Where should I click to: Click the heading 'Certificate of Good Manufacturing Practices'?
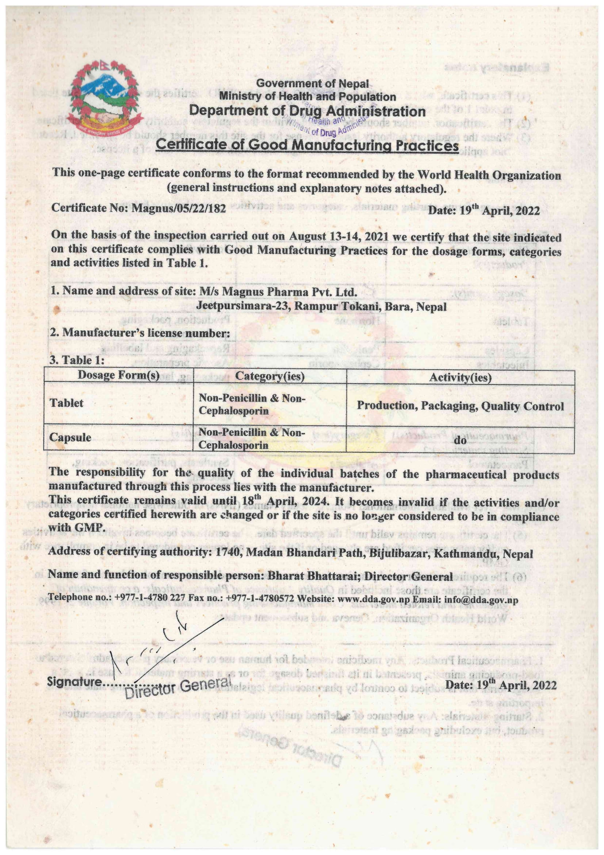[x=307, y=145]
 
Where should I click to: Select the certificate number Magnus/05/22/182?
[x=179, y=208]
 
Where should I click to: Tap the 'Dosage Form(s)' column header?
[x=119, y=375]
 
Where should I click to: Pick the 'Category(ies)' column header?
[x=269, y=376]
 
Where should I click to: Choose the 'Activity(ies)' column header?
[x=460, y=378]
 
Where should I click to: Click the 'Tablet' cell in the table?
[x=66, y=403]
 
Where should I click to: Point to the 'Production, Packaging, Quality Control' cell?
[x=460, y=406]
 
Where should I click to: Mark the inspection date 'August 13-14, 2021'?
[x=334, y=236]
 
